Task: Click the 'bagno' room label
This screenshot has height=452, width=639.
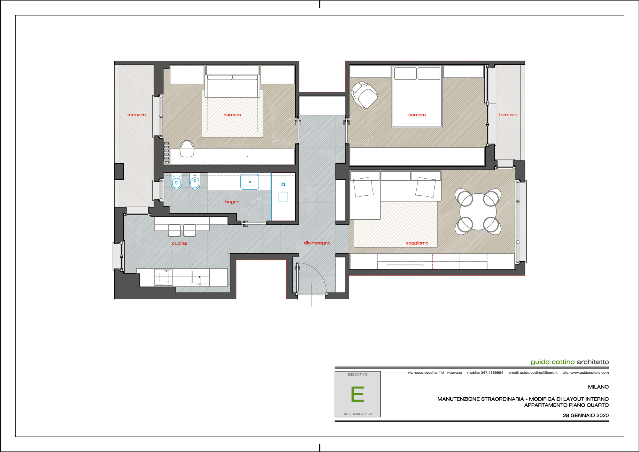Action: click(232, 202)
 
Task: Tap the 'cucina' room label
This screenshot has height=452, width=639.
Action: click(179, 243)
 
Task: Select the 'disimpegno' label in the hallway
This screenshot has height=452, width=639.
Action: click(317, 243)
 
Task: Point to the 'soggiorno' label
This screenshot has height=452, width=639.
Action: click(417, 243)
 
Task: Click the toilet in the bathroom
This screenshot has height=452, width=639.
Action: click(176, 181)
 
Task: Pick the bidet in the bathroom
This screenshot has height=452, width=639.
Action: click(195, 181)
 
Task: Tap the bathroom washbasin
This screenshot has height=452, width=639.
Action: click(250, 182)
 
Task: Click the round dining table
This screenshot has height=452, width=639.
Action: click(478, 212)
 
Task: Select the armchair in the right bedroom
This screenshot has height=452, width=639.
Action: click(364, 95)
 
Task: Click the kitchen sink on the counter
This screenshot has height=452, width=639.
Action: click(200, 277)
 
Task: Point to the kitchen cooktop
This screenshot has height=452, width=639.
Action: click(164, 277)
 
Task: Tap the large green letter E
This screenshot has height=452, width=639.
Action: click(358, 394)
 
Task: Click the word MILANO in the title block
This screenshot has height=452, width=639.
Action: click(598, 387)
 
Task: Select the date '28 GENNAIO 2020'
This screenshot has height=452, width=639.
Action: click(586, 415)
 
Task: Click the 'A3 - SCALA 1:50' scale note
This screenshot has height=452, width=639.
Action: click(358, 414)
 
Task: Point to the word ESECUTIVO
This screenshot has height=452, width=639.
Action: click(358, 374)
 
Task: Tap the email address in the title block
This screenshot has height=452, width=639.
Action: click(533, 373)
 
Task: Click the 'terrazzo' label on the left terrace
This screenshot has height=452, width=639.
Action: click(136, 115)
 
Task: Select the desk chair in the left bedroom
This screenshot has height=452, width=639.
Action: click(187, 149)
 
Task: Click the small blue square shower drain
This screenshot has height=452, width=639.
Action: click(283, 184)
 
